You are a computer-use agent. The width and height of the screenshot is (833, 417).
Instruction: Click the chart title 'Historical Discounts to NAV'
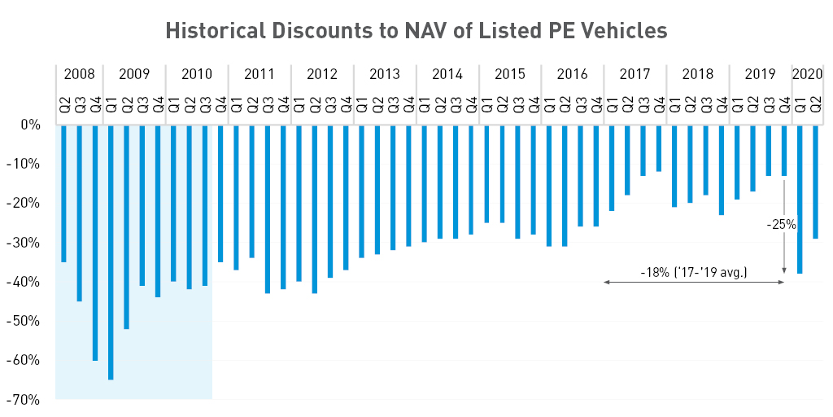click(x=416, y=30)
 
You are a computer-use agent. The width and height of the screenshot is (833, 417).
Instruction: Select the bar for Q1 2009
click(x=111, y=252)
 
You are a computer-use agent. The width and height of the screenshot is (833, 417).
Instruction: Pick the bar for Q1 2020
click(x=800, y=200)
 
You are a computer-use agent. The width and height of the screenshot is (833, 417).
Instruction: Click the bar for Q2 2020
click(x=815, y=182)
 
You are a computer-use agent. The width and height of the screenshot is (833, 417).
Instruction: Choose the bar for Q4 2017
click(x=659, y=148)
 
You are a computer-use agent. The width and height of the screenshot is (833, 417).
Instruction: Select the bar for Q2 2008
click(x=63, y=194)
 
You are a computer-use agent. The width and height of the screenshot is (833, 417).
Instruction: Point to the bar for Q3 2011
click(x=268, y=209)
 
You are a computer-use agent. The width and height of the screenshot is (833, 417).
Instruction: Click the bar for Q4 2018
click(x=722, y=170)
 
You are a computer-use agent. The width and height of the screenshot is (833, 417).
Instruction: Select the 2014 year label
click(x=447, y=74)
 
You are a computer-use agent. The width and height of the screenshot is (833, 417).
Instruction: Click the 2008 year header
click(x=79, y=74)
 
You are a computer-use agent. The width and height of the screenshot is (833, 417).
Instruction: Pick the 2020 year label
click(x=807, y=74)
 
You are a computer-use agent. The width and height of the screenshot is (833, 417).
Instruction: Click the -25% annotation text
click(x=782, y=225)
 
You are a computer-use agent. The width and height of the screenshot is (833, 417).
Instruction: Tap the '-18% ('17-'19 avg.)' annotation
click(x=694, y=271)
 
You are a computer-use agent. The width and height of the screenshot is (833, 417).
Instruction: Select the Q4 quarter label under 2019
click(x=784, y=104)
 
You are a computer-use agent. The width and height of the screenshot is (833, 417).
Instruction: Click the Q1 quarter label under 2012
click(x=299, y=104)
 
